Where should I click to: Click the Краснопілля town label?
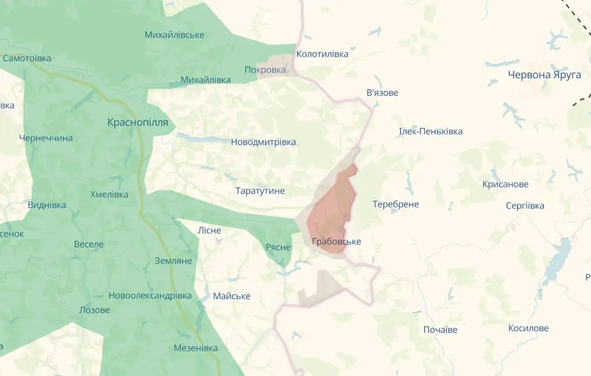pos(137,122)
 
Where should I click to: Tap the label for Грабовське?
pos(336,242)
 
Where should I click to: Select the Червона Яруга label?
pos(544,75)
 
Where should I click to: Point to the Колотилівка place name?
pos(322,54)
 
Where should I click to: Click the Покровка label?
pos(265,69)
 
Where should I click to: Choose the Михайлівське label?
pos(174,35)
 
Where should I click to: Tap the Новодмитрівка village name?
pos(263,142)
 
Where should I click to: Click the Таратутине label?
pos(260,191)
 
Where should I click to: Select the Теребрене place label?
pos(395,204)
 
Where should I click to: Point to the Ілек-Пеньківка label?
pos(430,131)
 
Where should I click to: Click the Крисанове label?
pos(505,184)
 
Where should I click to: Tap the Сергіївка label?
pos(524,206)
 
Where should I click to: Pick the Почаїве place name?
pos(440,329)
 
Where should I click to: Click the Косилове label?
pos(528,328)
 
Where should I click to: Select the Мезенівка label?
pos(196,348)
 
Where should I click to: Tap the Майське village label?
pos(231,296)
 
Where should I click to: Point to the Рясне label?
pos(278,247)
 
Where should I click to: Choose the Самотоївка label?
pos(27,58)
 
